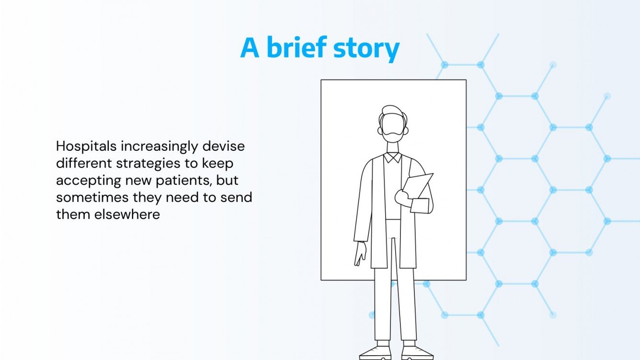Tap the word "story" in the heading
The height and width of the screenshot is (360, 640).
click(x=366, y=50)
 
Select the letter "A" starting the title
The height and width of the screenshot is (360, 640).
click(x=250, y=48)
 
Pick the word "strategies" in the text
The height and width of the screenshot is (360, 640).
click(x=149, y=164)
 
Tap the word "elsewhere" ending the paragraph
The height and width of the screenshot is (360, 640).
click(x=127, y=214)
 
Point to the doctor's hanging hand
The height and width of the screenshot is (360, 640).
click(x=360, y=254)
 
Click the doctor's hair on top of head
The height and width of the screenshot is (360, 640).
click(x=392, y=111)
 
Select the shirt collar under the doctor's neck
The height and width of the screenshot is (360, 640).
click(x=393, y=157)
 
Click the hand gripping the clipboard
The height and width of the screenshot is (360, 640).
click(x=403, y=198)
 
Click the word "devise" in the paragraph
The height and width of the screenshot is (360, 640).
click(x=223, y=146)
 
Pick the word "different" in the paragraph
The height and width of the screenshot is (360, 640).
click(x=84, y=163)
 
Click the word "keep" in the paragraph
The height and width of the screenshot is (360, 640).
click(x=217, y=164)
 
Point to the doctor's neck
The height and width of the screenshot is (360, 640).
click(x=393, y=147)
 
